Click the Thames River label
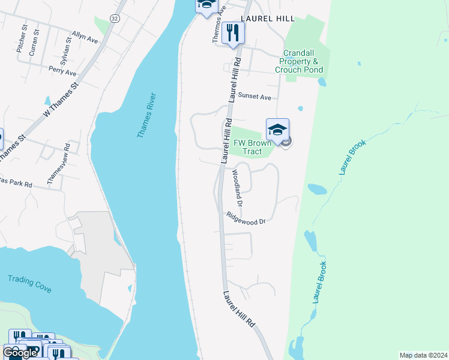146,115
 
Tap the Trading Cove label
29,283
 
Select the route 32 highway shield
114,19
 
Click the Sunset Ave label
255,96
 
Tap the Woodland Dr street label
237,187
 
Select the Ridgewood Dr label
246,218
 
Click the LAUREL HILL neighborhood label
265,19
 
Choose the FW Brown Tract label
253,147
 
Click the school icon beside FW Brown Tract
277,130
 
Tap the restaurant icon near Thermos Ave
233,34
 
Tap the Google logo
20,353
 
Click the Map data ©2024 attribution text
423,355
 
